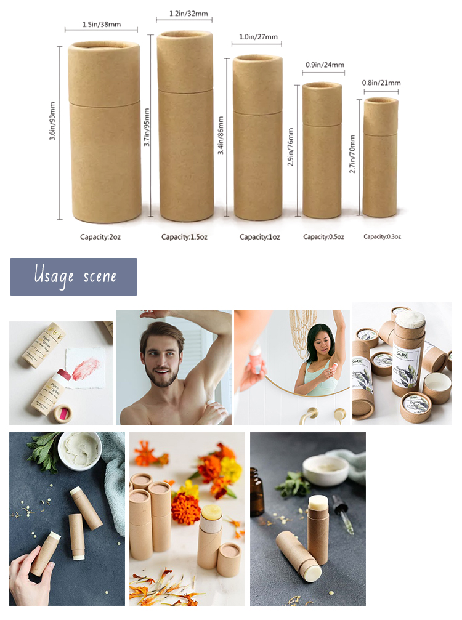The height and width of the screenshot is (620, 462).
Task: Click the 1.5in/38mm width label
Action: (101, 25)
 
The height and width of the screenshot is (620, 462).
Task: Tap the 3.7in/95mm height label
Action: (147, 127)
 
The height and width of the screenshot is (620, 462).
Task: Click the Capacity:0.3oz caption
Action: (382, 236)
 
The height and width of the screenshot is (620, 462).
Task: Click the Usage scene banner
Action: (73, 276)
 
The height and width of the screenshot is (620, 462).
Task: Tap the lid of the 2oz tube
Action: (104, 73)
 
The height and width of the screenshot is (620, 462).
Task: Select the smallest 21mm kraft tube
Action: (380, 158)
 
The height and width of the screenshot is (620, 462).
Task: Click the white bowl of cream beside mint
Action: (79, 451)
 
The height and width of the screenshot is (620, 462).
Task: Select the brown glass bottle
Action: (256, 491)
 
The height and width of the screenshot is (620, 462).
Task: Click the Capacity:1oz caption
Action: (259, 236)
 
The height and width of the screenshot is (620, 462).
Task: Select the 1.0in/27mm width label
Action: (256, 36)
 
